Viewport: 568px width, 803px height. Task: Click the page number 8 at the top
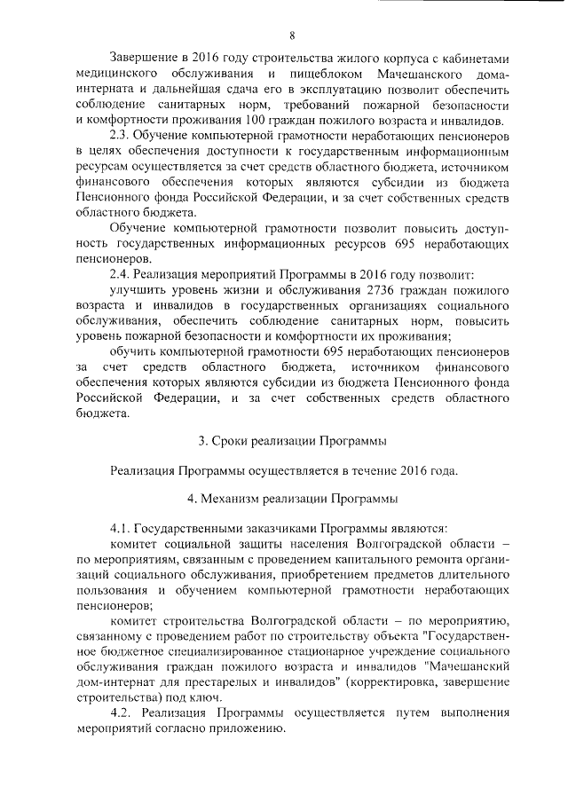291,35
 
